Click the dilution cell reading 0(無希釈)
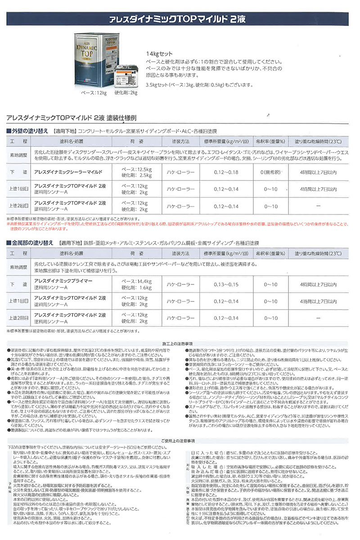[270, 172]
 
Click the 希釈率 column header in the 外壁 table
[270, 141]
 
